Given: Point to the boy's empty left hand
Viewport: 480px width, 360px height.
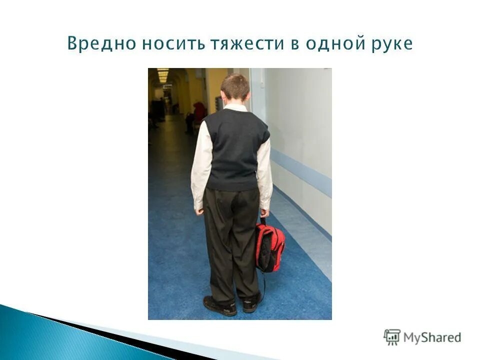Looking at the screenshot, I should click(x=199, y=210).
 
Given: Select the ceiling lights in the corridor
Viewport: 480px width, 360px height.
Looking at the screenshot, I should click(x=163, y=75).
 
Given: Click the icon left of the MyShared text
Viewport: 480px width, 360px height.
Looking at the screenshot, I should click(x=392, y=336).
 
